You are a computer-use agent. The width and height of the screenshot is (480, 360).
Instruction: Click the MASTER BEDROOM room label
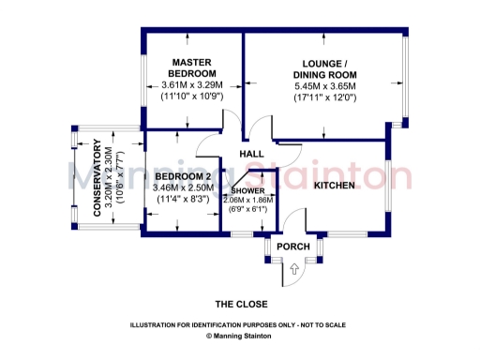[x=192, y=67]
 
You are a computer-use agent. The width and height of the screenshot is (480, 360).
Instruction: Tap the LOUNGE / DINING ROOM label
[x=324, y=67]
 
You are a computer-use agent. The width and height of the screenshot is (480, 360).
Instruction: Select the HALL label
[x=251, y=154]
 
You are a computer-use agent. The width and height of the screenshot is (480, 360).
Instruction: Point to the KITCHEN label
[x=334, y=186]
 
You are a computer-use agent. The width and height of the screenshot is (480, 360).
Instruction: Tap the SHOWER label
[x=248, y=190]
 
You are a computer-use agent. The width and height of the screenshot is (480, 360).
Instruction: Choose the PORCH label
[x=292, y=246]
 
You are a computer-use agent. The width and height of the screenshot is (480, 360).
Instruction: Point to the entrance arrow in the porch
[x=293, y=269]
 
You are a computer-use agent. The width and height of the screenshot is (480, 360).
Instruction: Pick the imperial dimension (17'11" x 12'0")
[x=324, y=97]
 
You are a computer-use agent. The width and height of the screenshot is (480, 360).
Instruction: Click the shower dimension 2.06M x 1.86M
[x=248, y=199]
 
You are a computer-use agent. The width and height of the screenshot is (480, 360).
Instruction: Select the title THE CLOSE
[x=242, y=304]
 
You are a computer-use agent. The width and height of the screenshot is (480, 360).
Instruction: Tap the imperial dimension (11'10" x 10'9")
[x=192, y=97]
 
